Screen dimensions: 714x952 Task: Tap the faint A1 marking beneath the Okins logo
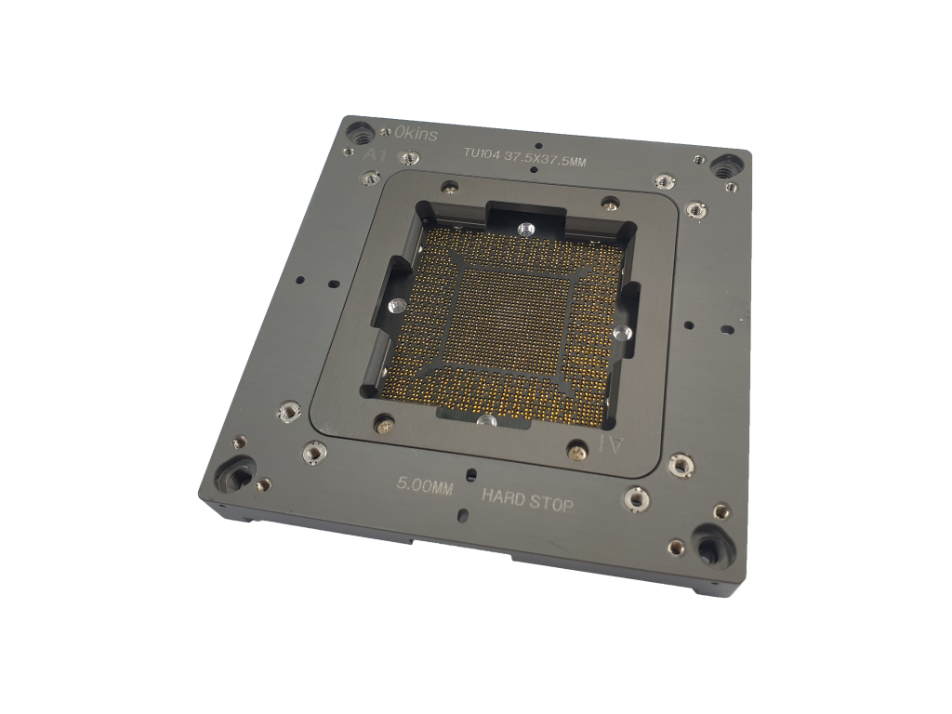(x=375, y=154)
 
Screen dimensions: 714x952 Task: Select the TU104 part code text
(x=483, y=153)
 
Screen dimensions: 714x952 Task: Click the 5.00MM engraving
(x=425, y=484)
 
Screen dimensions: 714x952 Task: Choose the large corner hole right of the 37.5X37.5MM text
(x=723, y=167)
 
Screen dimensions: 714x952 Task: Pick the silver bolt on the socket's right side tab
(x=620, y=333)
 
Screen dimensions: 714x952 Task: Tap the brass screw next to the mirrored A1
(x=577, y=453)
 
